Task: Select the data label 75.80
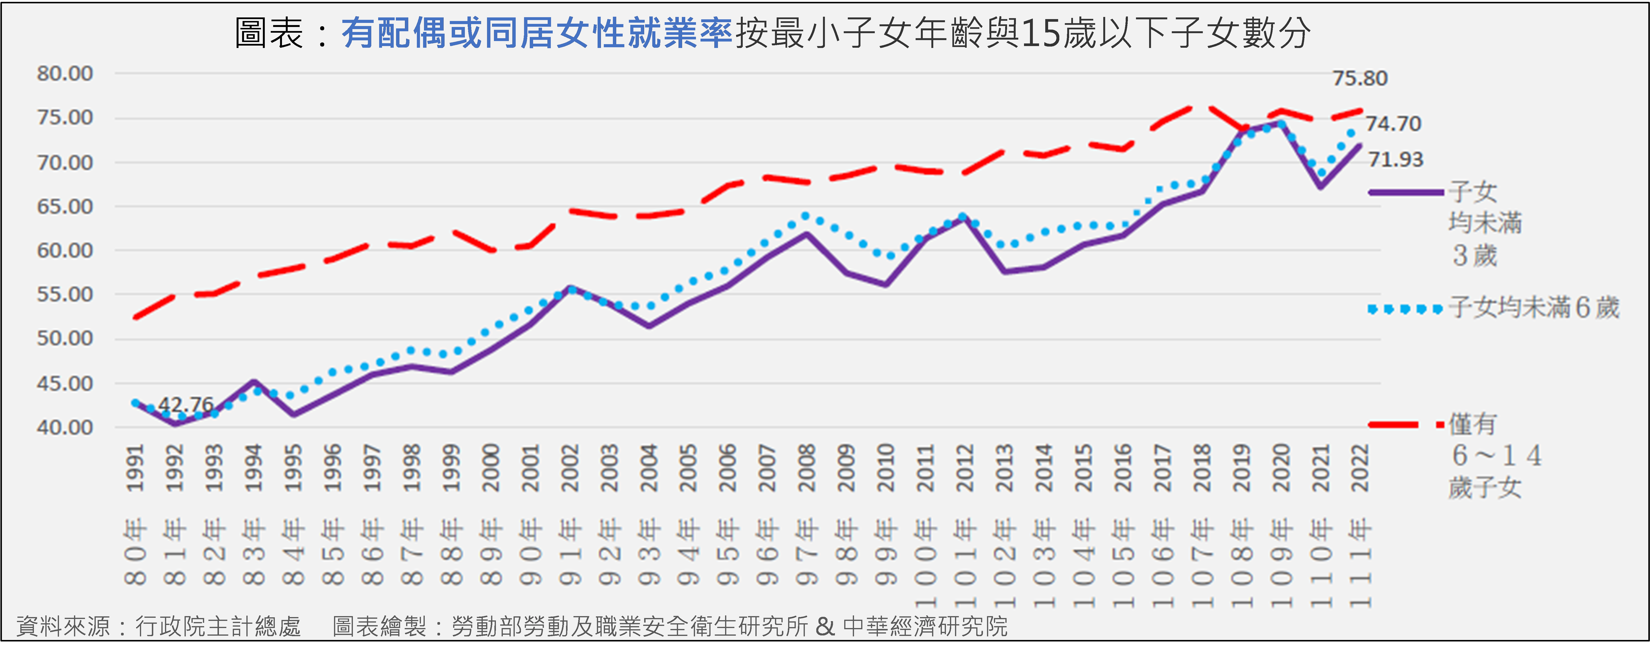pyautogui.click(x=1359, y=78)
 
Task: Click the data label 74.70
pyautogui.click(x=1393, y=124)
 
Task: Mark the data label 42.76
pyautogui.click(x=186, y=405)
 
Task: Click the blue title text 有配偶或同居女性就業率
pyautogui.click(x=537, y=33)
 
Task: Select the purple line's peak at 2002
pyautogui.click(x=570, y=288)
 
